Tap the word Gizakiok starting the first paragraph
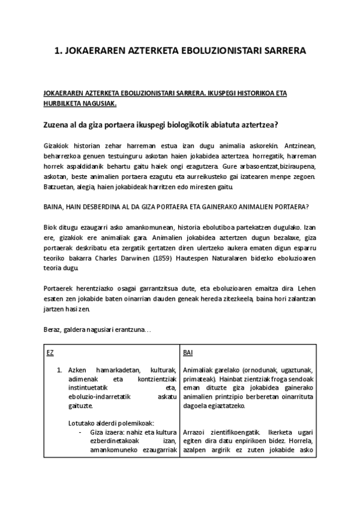coord(57,146)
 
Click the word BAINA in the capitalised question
coord(56,207)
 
